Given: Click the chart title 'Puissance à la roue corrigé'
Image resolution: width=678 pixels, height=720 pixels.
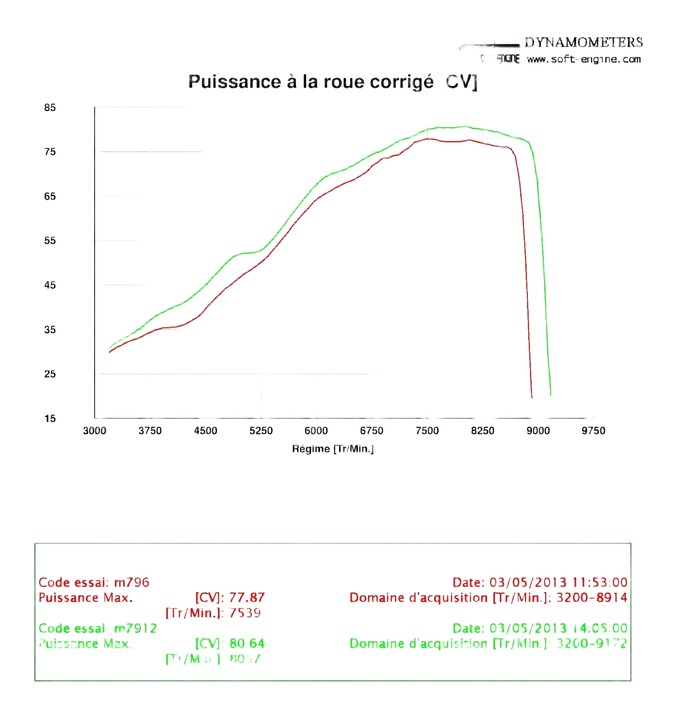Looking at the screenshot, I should point(311,81).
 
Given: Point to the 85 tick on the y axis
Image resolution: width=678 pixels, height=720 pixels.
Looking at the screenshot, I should point(50,107).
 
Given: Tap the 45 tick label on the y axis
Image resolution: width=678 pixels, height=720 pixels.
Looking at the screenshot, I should point(50,285).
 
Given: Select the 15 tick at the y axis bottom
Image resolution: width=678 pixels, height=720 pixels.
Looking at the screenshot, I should point(50,418).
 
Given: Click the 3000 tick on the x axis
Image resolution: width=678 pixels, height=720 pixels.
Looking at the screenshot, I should point(94,430).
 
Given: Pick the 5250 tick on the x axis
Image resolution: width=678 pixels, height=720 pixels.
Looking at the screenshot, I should point(261,430).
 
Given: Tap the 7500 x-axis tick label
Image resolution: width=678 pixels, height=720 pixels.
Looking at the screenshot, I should point(427,430).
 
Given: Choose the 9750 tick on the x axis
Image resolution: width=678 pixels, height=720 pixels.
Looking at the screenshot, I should point(593,430).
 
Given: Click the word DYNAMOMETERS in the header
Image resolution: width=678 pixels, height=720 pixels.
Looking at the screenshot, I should point(583,43).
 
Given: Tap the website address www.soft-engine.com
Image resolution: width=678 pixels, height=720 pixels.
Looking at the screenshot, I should point(584,59).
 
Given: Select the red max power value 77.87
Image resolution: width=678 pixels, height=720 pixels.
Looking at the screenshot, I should point(246,598).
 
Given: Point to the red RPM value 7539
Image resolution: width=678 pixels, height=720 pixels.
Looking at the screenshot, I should point(246,613).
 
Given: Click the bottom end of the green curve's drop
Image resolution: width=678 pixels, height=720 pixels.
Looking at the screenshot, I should point(550,395).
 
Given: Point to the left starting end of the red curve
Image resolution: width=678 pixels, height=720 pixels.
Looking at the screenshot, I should point(109,352).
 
